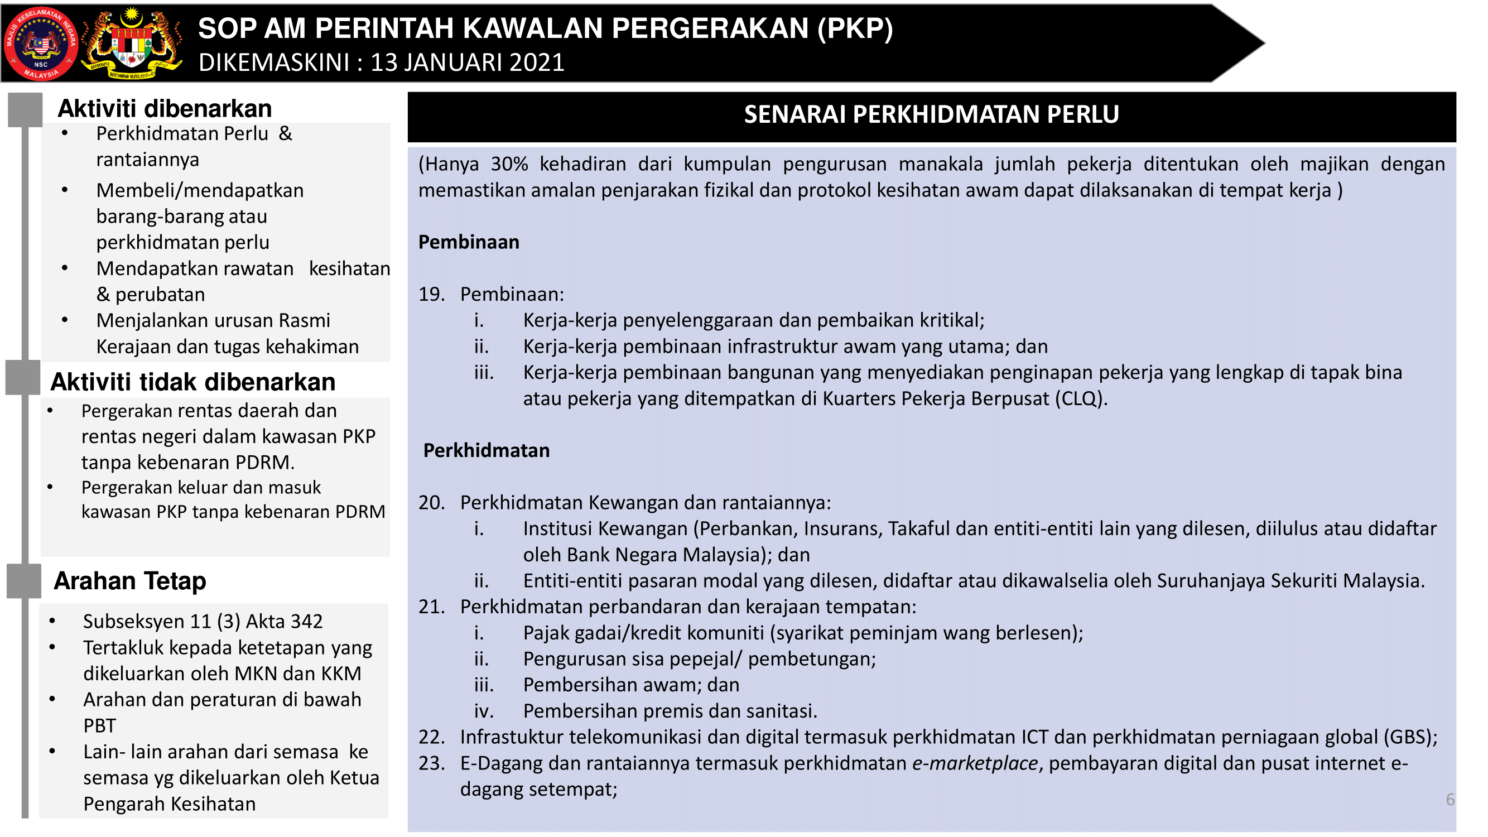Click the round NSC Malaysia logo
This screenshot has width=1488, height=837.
[x=40, y=44]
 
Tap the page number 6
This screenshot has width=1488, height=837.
[x=1450, y=800]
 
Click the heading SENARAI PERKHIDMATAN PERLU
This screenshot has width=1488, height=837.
[x=931, y=114]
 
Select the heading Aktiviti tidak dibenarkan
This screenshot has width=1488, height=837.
[x=193, y=382]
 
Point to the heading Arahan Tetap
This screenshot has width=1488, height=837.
[x=130, y=581]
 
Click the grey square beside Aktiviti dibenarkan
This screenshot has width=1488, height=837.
[x=26, y=109]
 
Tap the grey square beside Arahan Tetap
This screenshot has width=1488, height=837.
[x=24, y=581]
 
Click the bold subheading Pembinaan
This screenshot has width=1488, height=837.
[x=469, y=243]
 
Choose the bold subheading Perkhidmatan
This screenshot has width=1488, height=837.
[x=487, y=450]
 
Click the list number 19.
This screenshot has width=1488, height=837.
[x=431, y=295]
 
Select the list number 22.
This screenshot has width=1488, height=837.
[x=431, y=738]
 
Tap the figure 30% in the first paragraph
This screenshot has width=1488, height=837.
[x=509, y=165]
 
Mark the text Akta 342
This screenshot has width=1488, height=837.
[x=284, y=622]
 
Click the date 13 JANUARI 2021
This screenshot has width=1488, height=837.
[x=468, y=62]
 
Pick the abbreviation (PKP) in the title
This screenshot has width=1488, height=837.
[x=855, y=28]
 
